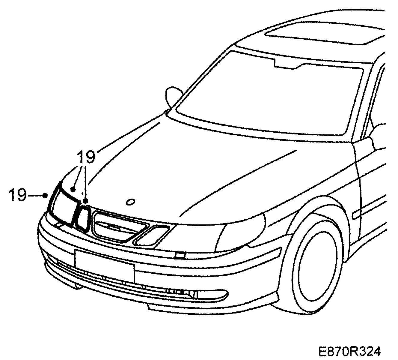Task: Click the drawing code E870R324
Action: [349, 351]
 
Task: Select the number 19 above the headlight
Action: [86, 157]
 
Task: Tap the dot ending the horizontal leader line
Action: [45, 196]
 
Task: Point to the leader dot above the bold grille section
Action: [86, 201]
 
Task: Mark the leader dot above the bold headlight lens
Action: [73, 189]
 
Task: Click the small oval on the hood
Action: [130, 202]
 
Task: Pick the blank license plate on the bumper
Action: [104, 266]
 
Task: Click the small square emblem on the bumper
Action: [180, 256]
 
